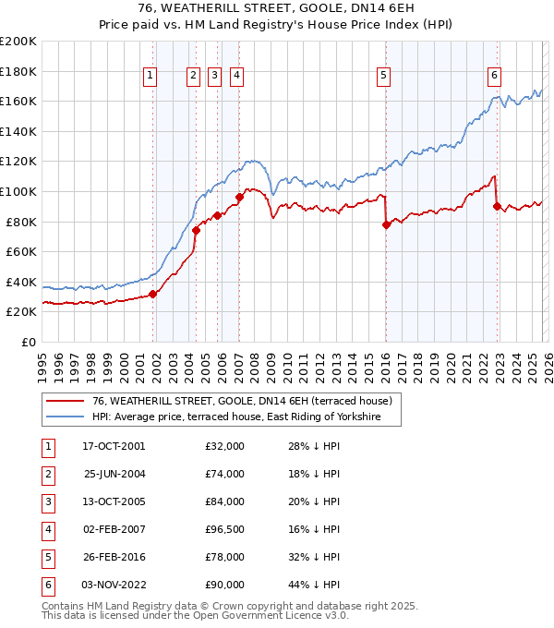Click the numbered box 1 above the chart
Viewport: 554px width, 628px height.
(151, 77)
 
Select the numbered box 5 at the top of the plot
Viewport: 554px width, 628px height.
(383, 77)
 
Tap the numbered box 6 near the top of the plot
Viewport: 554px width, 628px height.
(495, 77)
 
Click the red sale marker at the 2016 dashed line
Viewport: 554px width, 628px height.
(386, 224)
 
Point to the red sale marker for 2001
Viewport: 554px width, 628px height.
(153, 294)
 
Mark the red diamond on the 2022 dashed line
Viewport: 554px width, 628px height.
(497, 207)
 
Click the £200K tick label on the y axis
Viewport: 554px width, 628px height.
(18, 42)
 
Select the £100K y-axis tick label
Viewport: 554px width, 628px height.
(18, 191)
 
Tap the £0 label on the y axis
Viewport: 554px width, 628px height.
(28, 342)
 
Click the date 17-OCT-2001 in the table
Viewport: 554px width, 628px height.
(114, 446)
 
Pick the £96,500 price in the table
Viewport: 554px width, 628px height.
(224, 529)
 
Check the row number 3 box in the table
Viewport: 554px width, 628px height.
(46, 501)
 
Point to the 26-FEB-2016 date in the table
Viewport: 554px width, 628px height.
(114, 557)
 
